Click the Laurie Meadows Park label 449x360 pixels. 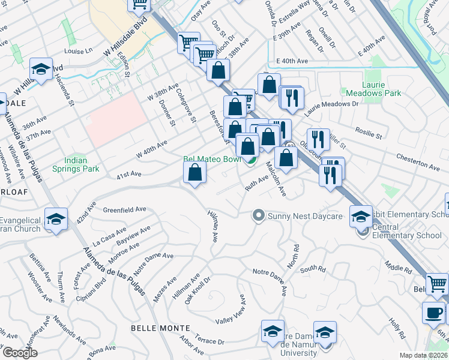pyautogui.click(x=373, y=89)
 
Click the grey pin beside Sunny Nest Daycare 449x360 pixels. pyautogui.click(x=259, y=214)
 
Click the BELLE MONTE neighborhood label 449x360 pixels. pyautogui.click(x=160, y=328)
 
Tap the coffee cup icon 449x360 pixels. pyautogui.click(x=434, y=313)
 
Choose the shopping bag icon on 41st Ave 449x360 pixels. pyautogui.click(x=195, y=173)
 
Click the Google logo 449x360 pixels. pyautogui.click(x=20, y=353)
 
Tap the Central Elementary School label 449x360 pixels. pyautogui.click(x=406, y=231)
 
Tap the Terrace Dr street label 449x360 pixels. pyautogui.click(x=209, y=340)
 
